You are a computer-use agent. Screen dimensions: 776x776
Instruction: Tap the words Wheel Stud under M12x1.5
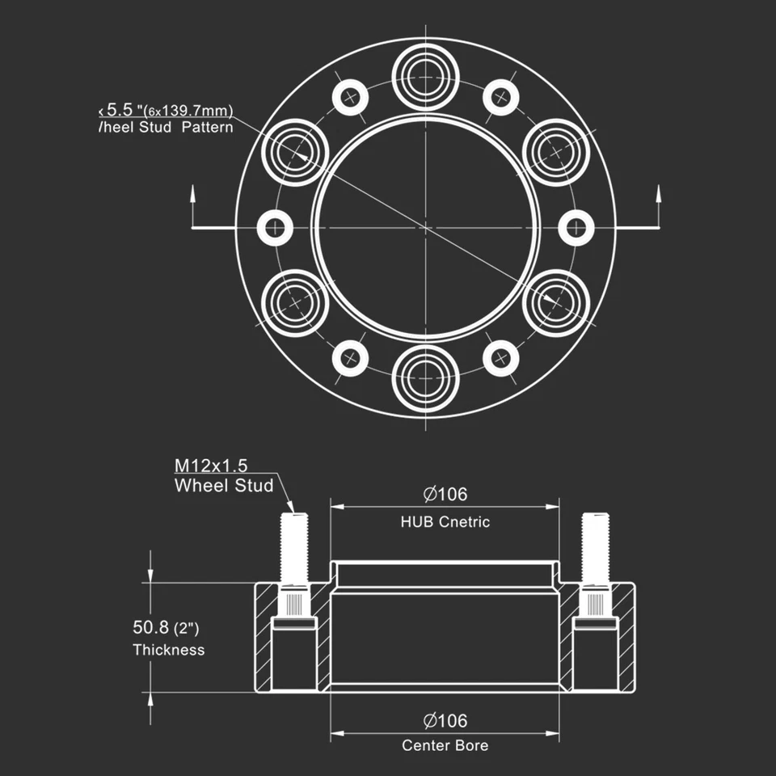tap(224, 486)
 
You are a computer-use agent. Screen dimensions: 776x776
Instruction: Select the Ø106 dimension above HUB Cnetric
tap(445, 494)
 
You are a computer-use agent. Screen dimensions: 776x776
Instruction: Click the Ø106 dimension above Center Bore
tap(445, 720)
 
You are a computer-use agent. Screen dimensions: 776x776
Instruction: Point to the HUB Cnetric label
tap(445, 522)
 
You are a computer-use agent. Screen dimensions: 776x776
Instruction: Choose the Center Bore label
tap(445, 745)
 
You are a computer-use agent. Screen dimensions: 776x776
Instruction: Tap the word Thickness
tap(169, 650)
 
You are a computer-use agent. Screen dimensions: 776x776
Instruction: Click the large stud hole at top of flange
tap(425, 77)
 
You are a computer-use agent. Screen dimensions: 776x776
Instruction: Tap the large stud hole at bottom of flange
tap(425, 377)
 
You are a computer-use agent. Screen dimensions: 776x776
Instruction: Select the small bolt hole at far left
tap(275, 227)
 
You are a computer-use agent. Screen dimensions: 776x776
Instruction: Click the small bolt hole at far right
tap(576, 227)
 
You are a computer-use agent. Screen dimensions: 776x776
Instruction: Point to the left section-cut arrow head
tap(193, 192)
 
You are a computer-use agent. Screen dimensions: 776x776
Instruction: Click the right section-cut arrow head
tap(658, 192)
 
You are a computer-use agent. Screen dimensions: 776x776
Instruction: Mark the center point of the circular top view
tap(425, 227)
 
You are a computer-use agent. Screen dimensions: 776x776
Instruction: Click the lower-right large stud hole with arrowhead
tap(555, 302)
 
